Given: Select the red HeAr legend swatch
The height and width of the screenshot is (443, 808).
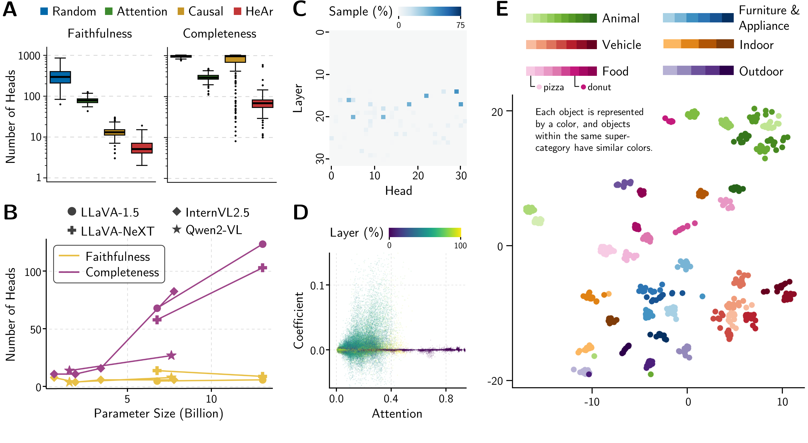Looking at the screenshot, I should point(238,11).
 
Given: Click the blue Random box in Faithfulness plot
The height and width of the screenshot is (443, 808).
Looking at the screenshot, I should point(60,77).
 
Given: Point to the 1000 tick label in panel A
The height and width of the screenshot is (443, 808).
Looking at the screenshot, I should point(29,56).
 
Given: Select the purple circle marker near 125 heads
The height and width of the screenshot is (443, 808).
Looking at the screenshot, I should point(263,244).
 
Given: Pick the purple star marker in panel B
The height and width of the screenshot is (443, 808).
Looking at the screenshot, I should point(171,355).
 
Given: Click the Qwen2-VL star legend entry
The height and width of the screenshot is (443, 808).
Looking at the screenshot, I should point(207,230).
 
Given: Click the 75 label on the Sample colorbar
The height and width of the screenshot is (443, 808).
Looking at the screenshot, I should point(460,25).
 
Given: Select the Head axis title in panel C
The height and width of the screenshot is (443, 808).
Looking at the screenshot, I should point(398,191).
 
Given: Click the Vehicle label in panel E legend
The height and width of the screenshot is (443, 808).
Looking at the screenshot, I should point(621,45).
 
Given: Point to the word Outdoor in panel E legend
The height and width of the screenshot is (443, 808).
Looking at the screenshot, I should point(761,72).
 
